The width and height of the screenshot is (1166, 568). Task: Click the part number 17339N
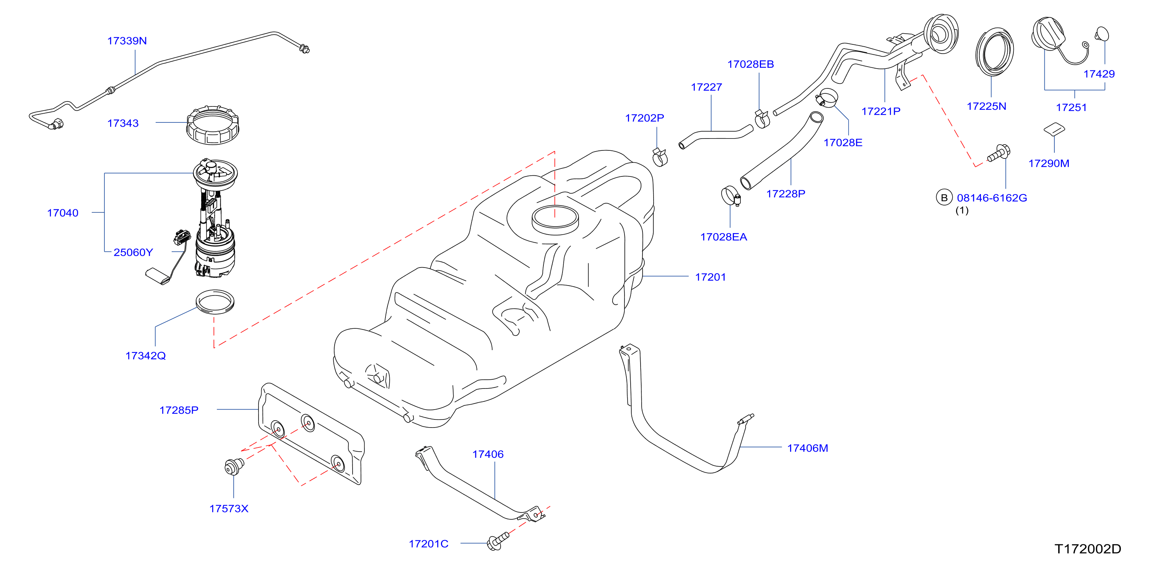(127, 41)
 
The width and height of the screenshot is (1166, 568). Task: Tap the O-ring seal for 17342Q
(215, 302)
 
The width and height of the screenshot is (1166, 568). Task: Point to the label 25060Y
(133, 252)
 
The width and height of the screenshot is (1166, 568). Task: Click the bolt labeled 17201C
(498, 541)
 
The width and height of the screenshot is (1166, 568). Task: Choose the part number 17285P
(179, 410)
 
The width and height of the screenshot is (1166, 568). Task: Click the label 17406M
(808, 448)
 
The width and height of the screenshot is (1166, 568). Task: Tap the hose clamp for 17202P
(660, 157)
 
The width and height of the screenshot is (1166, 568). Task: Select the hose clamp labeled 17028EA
(730, 196)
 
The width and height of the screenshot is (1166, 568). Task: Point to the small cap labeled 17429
(1102, 34)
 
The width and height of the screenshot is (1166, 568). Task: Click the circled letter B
(944, 197)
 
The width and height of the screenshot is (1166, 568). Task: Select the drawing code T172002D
(1088, 549)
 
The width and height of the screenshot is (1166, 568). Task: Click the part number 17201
(710, 277)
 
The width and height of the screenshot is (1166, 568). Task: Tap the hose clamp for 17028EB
(762, 119)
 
